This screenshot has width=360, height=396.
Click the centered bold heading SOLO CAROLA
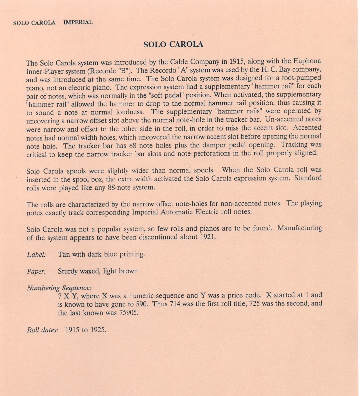173,45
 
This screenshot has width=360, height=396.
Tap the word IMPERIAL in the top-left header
78,22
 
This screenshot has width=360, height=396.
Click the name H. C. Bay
274,69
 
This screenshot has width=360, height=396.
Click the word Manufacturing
300,228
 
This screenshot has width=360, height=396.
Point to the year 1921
207,237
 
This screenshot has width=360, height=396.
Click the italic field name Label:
36,254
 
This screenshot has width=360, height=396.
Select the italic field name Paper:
36,271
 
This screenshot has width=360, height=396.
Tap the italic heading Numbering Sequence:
59,288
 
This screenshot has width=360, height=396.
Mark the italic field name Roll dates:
43,330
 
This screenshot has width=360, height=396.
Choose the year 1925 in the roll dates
98,330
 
